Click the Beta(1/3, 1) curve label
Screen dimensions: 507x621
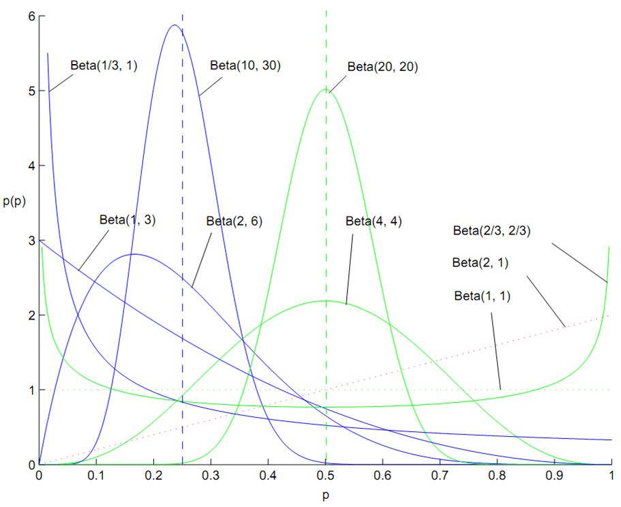104,66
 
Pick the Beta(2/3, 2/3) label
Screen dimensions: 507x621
491,230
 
